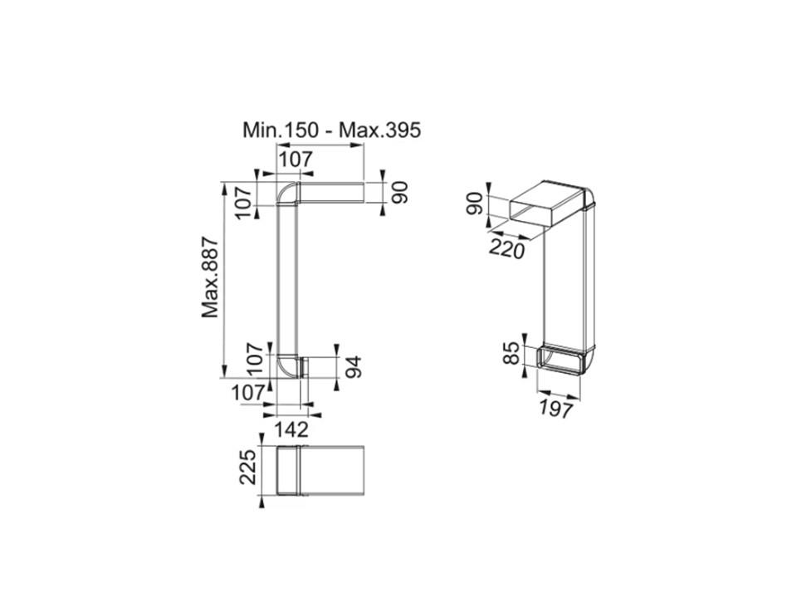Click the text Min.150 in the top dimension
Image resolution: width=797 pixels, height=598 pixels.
click(281, 130)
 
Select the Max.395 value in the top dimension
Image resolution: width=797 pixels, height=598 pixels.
click(380, 130)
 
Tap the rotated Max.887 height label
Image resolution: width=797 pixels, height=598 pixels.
click(210, 277)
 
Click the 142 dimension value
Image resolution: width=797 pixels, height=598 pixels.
click(291, 429)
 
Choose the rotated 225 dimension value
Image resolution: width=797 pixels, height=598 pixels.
click(247, 467)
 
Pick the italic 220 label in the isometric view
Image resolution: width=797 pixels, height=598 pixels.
click(506, 249)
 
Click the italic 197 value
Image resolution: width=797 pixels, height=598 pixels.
click(556, 409)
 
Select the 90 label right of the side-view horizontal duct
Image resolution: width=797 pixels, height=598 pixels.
click(400, 192)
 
